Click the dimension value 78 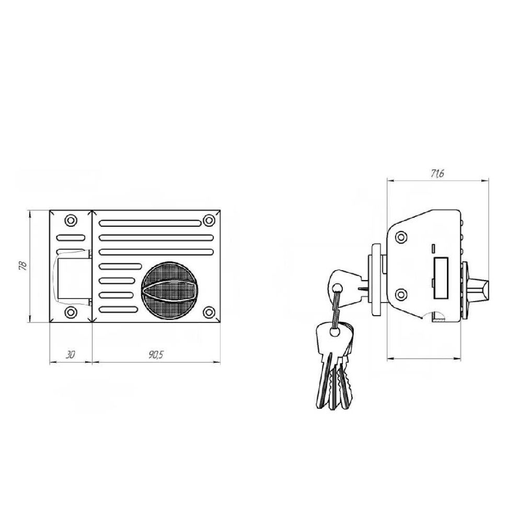tap(22, 265)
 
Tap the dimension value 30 tap(70, 354)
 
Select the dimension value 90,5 tap(156, 354)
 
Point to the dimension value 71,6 tap(437, 174)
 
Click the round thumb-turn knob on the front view tap(169, 291)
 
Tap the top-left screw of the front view tap(71, 221)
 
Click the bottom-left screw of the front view tap(71, 312)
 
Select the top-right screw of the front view tap(209, 221)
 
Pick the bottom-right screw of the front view tap(209, 312)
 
